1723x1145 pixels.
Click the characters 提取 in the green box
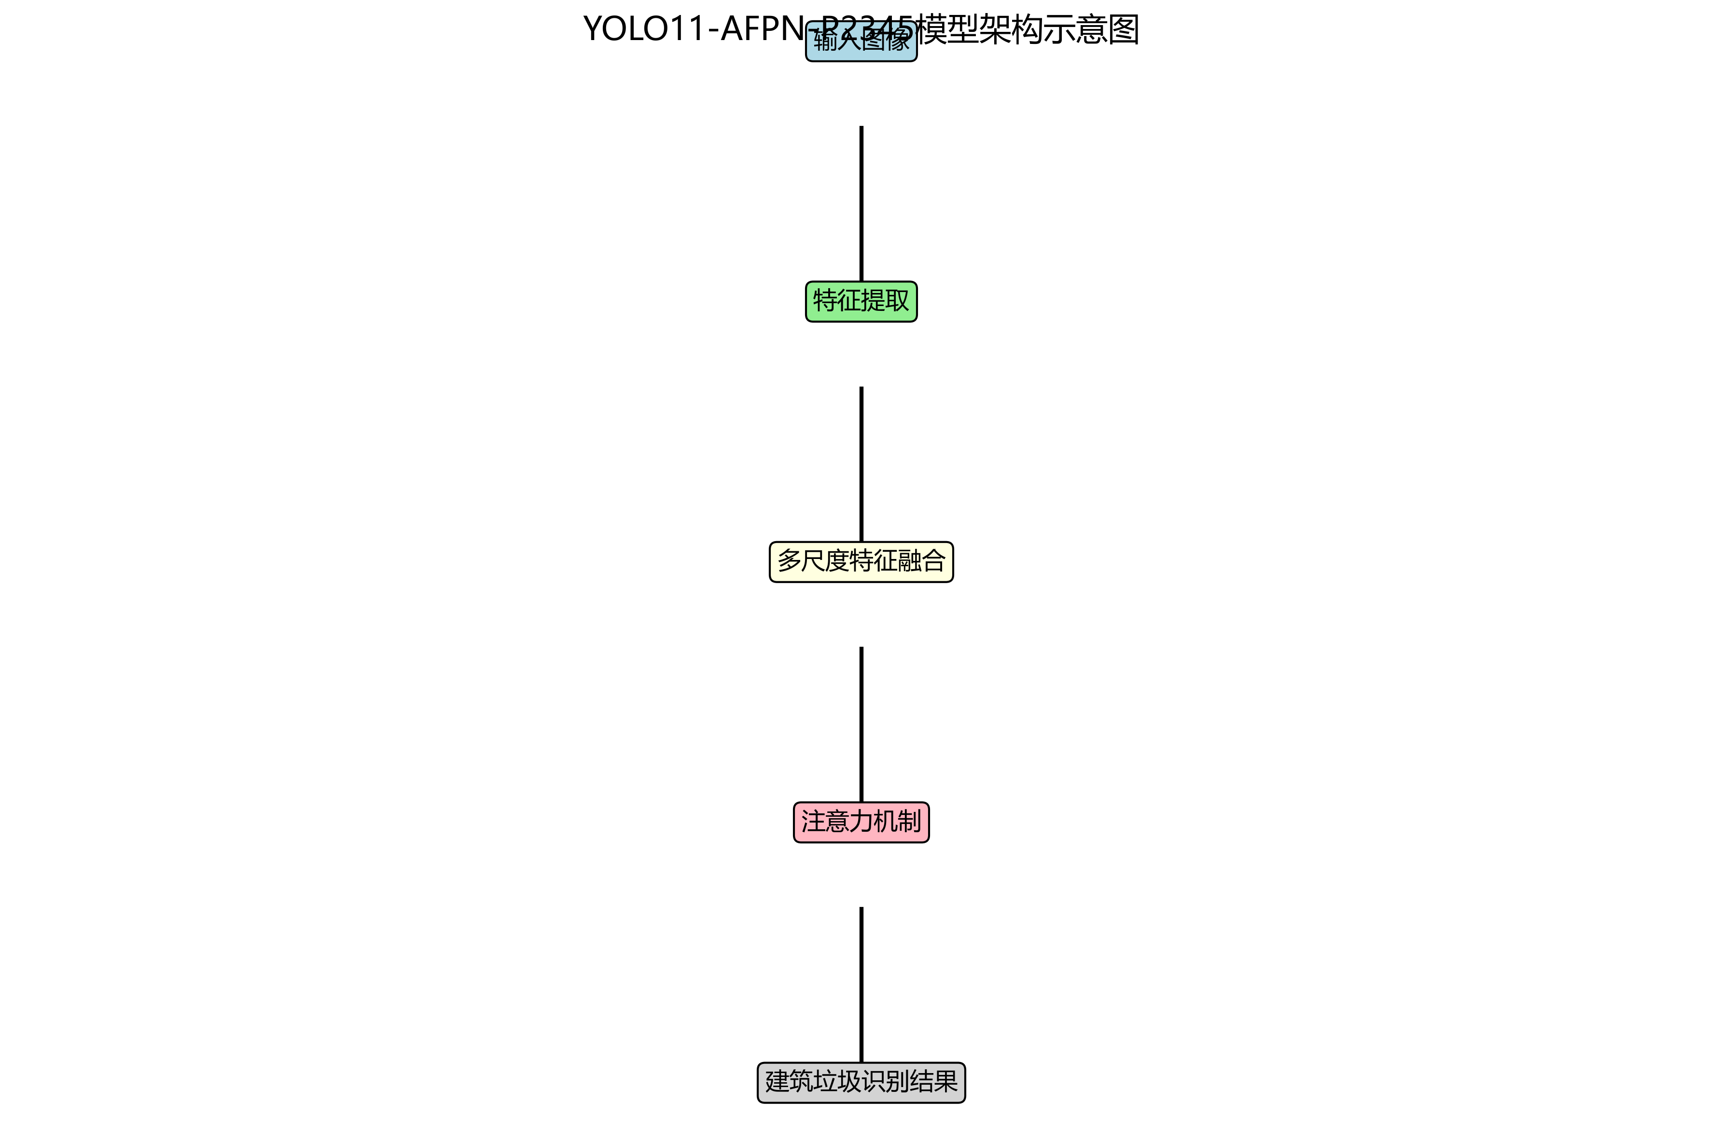[886, 301]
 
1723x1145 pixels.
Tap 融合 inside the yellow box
[922, 561]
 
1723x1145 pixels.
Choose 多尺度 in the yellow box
[813, 561]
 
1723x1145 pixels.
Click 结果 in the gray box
[934, 1082]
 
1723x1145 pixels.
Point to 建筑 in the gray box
[789, 1082]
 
